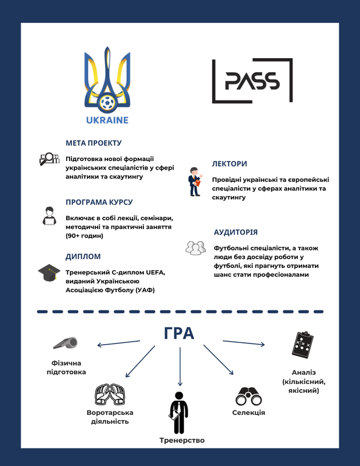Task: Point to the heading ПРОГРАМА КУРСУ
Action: (x=99, y=202)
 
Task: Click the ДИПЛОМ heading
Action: (x=83, y=256)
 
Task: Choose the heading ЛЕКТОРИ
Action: (x=230, y=164)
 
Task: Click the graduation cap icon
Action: (x=49, y=272)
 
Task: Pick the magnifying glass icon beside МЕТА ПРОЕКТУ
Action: (x=49, y=158)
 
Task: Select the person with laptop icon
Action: (x=49, y=216)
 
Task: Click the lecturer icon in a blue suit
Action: (x=195, y=182)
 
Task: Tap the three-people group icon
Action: (x=196, y=248)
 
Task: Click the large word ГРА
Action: (x=179, y=334)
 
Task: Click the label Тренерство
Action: (x=182, y=440)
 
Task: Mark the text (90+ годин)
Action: (x=84, y=236)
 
